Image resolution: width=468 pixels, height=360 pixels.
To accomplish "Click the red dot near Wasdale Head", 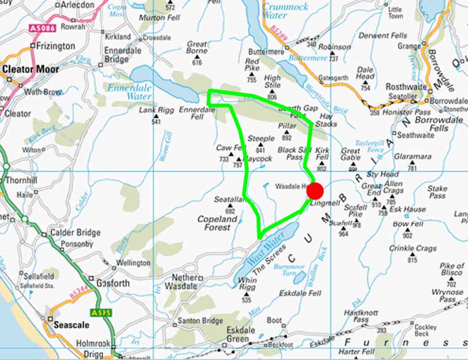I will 315,191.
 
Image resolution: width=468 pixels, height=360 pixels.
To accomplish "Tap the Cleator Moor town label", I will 30,69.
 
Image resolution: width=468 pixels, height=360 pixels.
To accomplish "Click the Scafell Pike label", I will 355,211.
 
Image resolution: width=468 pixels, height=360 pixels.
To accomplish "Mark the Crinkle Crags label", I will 414,248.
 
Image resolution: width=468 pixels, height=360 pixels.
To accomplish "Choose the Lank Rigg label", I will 155,110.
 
